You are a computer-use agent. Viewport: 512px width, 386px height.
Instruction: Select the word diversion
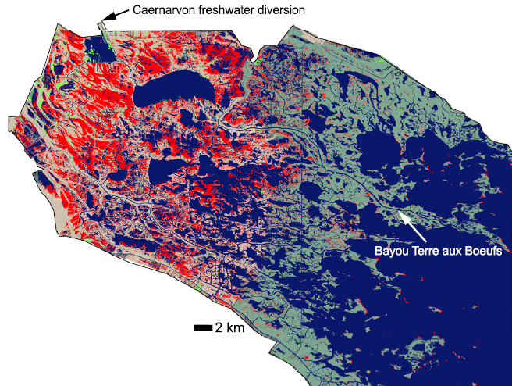(283, 10)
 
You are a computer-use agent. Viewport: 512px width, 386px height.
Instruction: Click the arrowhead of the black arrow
(104, 20)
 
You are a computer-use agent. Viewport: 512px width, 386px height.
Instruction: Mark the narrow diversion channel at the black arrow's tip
(102, 28)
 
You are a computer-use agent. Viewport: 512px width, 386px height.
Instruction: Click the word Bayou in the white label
(391, 252)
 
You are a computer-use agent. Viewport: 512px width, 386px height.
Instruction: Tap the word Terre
(425, 252)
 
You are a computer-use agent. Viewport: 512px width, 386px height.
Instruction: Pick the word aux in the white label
(453, 252)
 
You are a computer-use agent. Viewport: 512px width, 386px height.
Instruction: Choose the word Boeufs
(484, 252)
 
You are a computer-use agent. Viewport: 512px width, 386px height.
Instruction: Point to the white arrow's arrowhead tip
(400, 213)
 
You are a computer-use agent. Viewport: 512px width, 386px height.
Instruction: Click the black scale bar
(203, 328)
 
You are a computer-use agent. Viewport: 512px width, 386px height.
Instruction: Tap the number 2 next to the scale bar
(220, 328)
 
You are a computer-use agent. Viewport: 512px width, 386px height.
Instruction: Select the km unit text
(236, 328)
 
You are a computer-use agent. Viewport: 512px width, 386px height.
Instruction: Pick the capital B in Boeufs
(470, 252)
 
